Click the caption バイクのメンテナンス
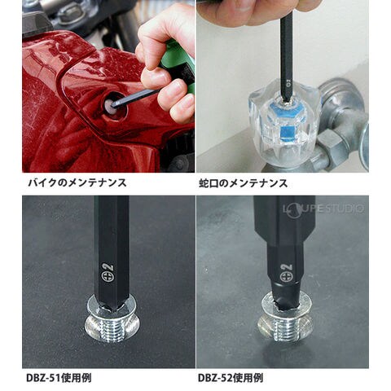77,182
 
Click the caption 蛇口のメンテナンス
243,183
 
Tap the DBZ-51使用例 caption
59,378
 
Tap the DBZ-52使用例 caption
231,378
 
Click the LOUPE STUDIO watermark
323,209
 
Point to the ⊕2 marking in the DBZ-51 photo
108,272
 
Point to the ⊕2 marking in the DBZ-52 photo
285,273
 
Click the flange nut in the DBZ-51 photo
112,318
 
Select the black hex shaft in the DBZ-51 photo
112,253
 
